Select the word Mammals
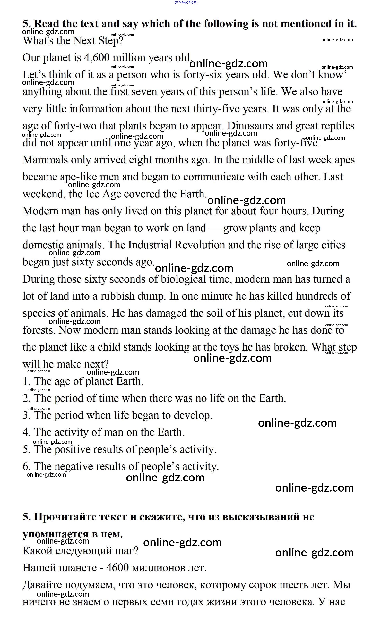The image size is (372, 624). (x=45, y=160)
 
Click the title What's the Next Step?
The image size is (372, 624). (x=73, y=41)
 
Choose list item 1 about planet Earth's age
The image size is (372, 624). (x=83, y=381)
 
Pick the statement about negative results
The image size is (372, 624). (x=121, y=467)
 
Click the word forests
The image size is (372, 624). (x=39, y=330)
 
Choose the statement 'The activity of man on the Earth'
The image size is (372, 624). (x=104, y=432)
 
